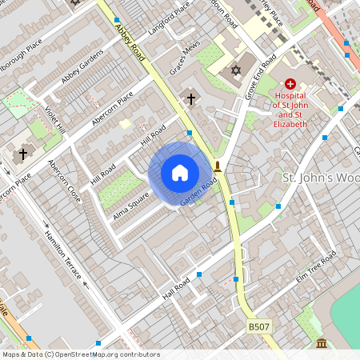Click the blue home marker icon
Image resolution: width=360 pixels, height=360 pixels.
click(x=180, y=173)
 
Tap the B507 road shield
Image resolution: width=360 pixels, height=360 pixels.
click(x=258, y=326)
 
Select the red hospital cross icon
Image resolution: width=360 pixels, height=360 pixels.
click(x=290, y=83)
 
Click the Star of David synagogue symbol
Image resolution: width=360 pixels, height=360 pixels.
click(x=236, y=71)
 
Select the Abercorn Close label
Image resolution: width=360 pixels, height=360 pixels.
click(x=65, y=181)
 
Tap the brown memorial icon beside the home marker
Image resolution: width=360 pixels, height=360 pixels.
click(x=218, y=166)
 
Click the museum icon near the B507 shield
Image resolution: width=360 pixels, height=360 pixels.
click(x=322, y=343)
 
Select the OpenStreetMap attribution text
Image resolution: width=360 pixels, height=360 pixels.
click(x=80, y=354)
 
